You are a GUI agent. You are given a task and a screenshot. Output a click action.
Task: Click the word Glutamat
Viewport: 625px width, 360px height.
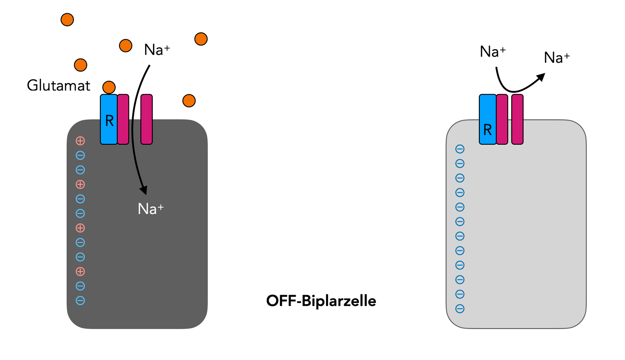[58, 86]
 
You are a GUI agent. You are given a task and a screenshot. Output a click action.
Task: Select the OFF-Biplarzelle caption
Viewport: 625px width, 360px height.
[321, 301]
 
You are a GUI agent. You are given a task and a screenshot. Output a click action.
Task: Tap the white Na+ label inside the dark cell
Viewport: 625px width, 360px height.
[150, 209]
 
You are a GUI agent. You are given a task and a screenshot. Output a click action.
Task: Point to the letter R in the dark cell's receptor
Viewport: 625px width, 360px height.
[109, 121]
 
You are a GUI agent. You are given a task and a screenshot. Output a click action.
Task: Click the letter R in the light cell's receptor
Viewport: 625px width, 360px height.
[487, 130]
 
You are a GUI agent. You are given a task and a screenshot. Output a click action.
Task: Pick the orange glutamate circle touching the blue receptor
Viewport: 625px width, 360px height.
[109, 87]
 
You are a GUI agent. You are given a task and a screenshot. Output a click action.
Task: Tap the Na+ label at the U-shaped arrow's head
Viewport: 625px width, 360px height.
[557, 58]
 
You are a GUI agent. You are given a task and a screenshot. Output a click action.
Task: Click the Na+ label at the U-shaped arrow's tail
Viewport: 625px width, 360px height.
[493, 52]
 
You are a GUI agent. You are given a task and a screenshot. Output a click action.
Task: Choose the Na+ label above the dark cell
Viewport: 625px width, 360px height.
[157, 50]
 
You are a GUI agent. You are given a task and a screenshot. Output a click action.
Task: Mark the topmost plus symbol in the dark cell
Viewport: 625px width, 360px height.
[80, 141]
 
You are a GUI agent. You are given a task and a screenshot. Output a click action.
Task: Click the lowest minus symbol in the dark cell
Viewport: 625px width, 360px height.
[80, 301]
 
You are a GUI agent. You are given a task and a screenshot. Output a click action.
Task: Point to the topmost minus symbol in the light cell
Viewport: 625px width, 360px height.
[460, 149]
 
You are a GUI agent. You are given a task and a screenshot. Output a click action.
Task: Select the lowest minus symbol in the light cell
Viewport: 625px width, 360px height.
[460, 309]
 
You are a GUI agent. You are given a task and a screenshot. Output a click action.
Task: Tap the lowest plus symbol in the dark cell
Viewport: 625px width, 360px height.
[80, 272]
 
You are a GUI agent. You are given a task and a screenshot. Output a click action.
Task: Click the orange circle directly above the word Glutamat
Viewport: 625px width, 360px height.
[80, 65]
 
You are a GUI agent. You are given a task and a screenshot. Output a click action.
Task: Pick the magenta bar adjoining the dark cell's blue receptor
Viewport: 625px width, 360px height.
[123, 119]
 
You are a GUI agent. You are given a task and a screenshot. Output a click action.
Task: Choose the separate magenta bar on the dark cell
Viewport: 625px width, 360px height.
[146, 119]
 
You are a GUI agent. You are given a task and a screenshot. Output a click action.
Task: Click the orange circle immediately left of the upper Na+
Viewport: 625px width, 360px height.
[125, 46]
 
